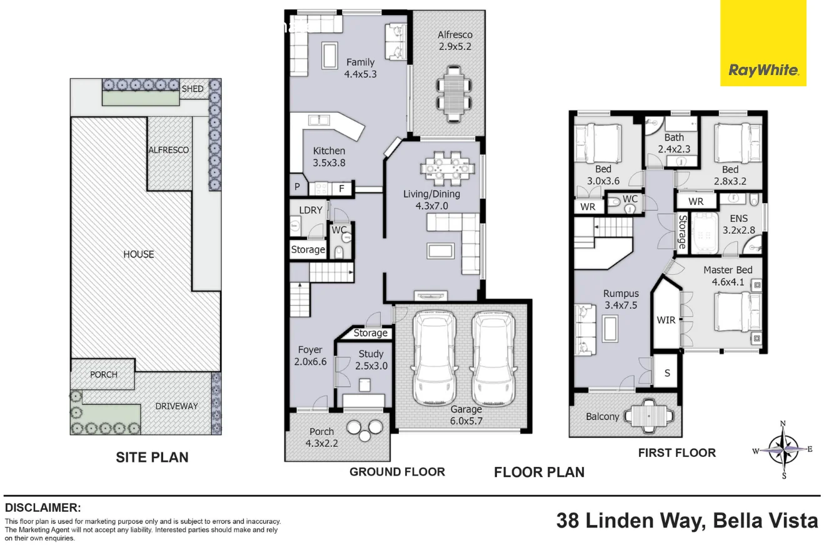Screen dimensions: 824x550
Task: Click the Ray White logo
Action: click(x=763, y=43)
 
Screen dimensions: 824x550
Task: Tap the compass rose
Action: click(x=783, y=449)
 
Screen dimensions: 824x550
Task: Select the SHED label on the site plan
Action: click(x=193, y=89)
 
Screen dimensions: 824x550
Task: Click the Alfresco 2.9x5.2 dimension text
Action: click(x=455, y=41)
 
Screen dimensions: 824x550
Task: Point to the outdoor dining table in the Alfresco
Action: click(x=454, y=94)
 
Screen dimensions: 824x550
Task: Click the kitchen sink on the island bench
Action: click(x=319, y=120)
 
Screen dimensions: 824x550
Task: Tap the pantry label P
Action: click(x=297, y=187)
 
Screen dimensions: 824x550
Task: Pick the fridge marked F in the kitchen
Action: click(x=342, y=189)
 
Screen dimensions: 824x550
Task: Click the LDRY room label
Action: click(x=311, y=210)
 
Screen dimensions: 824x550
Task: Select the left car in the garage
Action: click(x=435, y=358)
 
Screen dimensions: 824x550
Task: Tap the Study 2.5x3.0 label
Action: click(x=371, y=360)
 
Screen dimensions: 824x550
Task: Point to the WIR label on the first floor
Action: click(x=666, y=320)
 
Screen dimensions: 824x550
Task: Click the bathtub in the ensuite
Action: click(x=705, y=233)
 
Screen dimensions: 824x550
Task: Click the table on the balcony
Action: click(x=650, y=416)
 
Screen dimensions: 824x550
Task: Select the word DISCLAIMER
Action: click(x=43, y=507)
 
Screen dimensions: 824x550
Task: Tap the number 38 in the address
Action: click(x=568, y=521)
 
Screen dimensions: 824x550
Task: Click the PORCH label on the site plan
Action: click(x=104, y=374)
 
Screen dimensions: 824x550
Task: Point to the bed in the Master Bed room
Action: click(x=738, y=312)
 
